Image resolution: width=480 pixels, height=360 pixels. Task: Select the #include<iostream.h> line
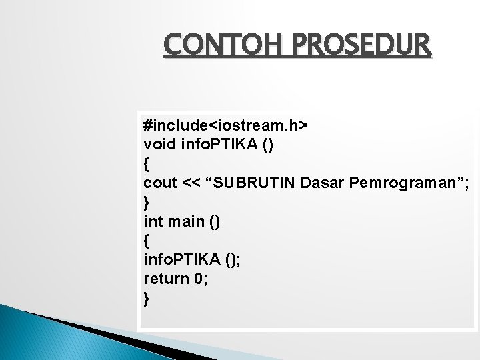pyautogui.click(x=225, y=125)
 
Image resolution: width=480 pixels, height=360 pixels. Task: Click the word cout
pyautogui.click(x=160, y=182)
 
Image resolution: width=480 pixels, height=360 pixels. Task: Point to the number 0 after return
pyautogui.click(x=199, y=279)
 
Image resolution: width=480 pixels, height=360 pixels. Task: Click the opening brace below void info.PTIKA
pyautogui.click(x=147, y=163)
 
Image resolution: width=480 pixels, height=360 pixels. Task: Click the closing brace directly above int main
pyautogui.click(x=147, y=201)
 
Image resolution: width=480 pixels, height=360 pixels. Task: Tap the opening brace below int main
pyautogui.click(x=147, y=240)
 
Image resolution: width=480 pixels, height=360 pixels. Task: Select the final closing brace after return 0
pyautogui.click(x=147, y=298)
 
